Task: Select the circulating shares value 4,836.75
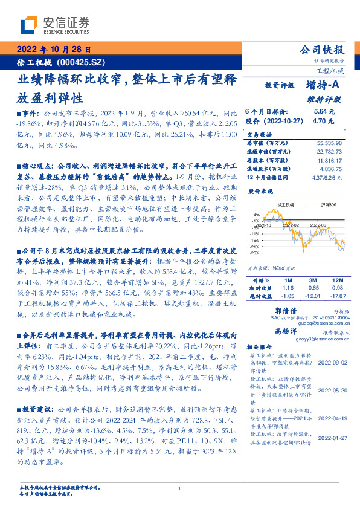(329, 170)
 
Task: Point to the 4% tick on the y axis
(257, 214)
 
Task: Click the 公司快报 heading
(322, 50)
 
